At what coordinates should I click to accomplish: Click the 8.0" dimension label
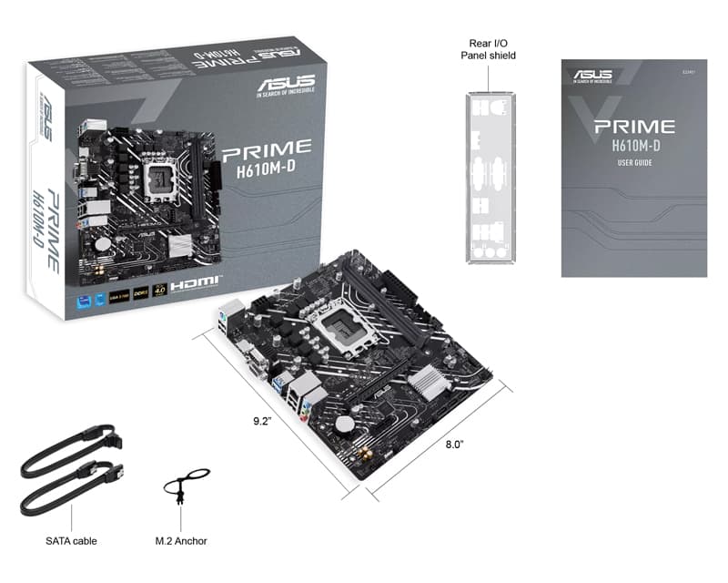point(455,444)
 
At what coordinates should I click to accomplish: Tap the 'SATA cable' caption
point(71,541)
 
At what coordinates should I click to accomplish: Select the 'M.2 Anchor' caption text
point(181,541)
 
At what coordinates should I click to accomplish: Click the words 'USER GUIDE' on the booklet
point(634,163)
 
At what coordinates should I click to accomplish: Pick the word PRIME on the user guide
point(633,127)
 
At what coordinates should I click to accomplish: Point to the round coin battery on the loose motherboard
point(345,424)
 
